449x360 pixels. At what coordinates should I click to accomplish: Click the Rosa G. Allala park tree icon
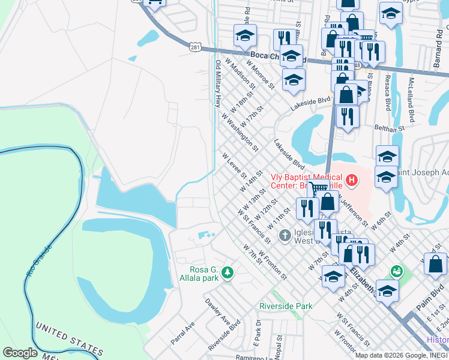click(x=227, y=274)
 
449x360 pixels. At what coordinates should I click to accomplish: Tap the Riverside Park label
click(x=286, y=306)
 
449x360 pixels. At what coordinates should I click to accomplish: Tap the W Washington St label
click(x=240, y=131)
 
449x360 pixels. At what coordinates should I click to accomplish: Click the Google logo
click(x=20, y=353)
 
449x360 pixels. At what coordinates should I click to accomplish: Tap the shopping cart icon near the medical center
click(x=318, y=188)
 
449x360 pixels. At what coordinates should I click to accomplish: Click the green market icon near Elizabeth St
click(x=395, y=272)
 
